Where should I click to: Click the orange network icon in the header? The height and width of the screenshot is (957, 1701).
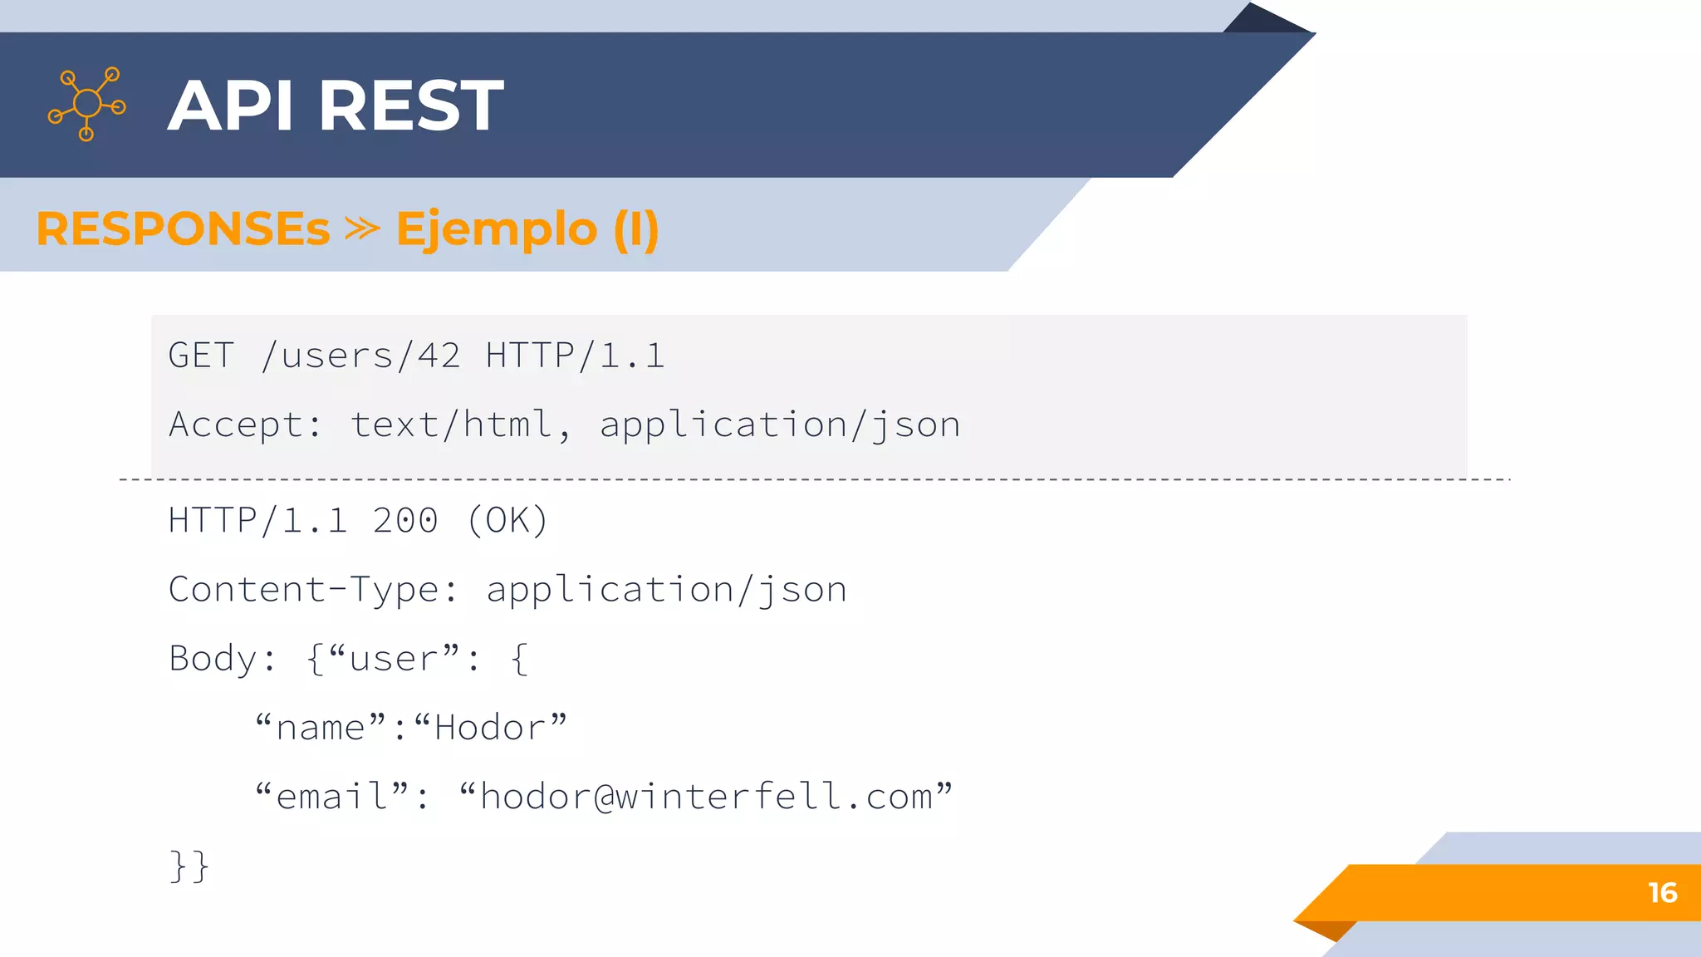tap(87, 104)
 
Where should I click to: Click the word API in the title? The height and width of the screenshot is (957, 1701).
tap(231, 106)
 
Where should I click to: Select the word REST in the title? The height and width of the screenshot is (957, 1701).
tap(411, 106)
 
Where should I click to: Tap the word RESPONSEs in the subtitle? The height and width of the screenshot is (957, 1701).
tap(183, 228)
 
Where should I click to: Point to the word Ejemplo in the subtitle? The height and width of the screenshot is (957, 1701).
tap(497, 228)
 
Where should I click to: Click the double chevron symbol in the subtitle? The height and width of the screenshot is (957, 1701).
tap(362, 228)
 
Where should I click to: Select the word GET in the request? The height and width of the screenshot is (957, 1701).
tap(201, 356)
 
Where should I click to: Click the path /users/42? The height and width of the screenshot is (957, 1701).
tap(360, 356)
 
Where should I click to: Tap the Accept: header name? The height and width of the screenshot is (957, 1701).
tap(244, 425)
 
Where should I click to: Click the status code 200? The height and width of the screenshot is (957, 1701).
tap(404, 521)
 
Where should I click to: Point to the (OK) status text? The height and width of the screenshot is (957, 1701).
tap(507, 521)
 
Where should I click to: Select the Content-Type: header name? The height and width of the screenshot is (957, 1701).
tap(312, 590)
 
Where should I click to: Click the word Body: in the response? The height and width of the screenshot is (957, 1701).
tap(222, 659)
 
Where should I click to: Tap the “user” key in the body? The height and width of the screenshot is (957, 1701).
tap(394, 659)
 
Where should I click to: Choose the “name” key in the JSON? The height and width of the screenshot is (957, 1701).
tap(321, 728)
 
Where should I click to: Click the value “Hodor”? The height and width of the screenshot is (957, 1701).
tap(490, 728)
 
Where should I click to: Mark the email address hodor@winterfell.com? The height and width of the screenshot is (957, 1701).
tap(706, 797)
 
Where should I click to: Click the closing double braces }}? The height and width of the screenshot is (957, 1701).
tap(189, 866)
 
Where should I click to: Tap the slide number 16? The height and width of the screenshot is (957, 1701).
tap(1662, 893)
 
